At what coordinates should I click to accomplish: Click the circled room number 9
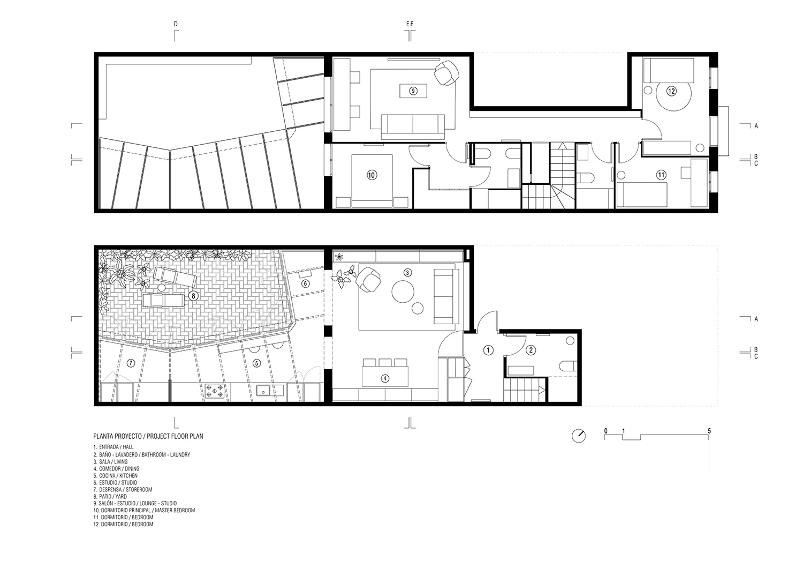tap(413, 91)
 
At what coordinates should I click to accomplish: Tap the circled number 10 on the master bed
tap(372, 175)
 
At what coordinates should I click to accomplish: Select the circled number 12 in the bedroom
tap(671, 91)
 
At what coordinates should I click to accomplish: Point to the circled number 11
tap(661, 175)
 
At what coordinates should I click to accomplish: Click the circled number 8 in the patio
tap(193, 295)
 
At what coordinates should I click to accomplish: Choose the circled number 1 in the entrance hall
tap(488, 350)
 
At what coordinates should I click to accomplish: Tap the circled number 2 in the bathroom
tap(531, 350)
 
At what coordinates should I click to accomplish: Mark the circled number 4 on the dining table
tap(384, 378)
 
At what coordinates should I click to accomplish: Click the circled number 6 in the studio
tap(305, 283)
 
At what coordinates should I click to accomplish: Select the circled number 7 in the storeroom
tap(131, 363)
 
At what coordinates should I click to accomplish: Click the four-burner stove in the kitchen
tap(215, 391)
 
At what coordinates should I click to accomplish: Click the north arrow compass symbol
tap(579, 436)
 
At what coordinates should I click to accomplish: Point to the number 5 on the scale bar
tap(709, 431)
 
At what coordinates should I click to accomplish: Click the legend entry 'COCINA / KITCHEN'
tap(115, 476)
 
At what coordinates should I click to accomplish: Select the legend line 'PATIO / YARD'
tap(110, 497)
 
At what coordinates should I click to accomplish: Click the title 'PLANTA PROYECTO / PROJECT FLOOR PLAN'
tap(148, 437)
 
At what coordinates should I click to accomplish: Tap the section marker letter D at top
tap(175, 25)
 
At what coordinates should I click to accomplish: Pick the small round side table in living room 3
tap(418, 308)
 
